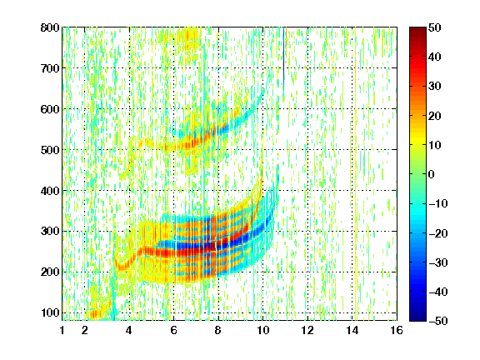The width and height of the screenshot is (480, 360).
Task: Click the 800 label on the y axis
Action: coord(50,27)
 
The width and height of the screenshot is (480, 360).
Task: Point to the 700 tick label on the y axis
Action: coord(50,68)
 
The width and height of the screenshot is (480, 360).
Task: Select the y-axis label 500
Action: coord(50,150)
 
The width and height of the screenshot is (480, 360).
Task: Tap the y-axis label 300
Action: coord(50,231)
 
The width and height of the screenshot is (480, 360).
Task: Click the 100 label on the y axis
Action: coord(50,312)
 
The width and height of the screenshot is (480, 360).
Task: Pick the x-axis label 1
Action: coord(62,330)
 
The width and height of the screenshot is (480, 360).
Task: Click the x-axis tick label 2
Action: coord(85,330)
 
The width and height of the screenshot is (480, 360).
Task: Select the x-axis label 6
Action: coord(174,330)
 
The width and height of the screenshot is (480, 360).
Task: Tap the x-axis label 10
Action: coord(263,330)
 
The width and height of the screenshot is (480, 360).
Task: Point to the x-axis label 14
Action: coord(352,330)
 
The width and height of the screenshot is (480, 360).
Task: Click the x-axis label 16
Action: coord(397,330)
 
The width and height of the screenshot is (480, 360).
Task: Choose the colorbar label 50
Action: coord(435,27)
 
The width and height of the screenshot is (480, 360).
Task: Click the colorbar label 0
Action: coord(432,174)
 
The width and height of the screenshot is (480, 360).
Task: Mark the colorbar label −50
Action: coord(438,321)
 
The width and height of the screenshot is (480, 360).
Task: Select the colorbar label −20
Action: coord(438,233)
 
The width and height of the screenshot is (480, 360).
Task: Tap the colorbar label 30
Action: coord(435,87)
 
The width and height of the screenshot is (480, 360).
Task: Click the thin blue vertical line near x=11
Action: coord(284,61)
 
